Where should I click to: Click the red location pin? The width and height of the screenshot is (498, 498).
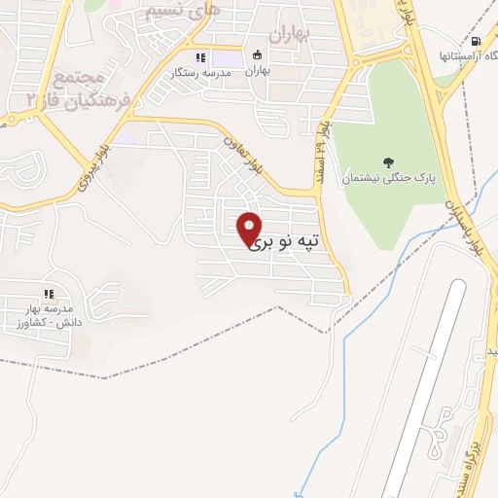pyautogui.click(x=250, y=227)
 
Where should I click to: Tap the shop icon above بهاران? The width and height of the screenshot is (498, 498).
pyautogui.click(x=258, y=55)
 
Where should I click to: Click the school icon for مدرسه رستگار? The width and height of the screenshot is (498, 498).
pyautogui.click(x=202, y=56)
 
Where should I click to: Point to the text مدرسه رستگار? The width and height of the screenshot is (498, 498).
pyautogui.click(x=199, y=72)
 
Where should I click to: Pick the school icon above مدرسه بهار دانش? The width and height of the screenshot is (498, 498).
pyautogui.click(x=47, y=294)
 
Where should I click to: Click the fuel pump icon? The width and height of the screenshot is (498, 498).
pyautogui.click(x=475, y=41)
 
